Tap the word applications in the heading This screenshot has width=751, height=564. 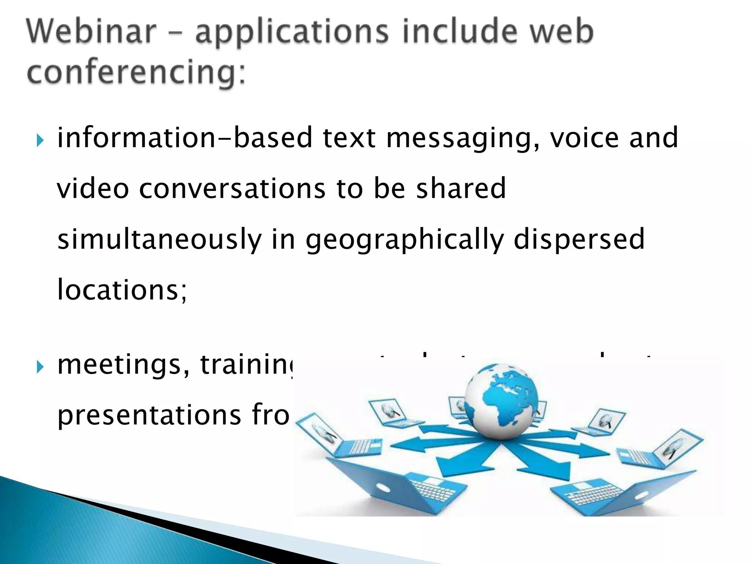292,33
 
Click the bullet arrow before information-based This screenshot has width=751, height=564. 40,141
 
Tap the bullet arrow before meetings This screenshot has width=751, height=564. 40,367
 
